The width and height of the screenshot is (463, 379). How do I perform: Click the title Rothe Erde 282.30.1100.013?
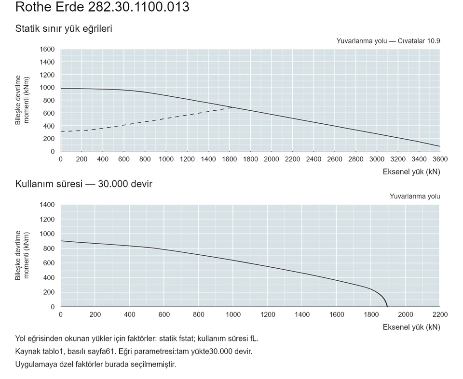(x=102, y=6)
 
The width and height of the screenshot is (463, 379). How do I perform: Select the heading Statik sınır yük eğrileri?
(x=64, y=28)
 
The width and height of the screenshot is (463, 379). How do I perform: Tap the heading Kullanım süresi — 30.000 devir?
(x=83, y=184)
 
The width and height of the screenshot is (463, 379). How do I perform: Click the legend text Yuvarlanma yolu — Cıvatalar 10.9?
(x=388, y=41)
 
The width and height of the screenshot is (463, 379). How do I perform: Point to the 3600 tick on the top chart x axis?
(x=440, y=159)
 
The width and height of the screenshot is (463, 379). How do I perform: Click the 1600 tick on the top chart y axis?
(x=47, y=49)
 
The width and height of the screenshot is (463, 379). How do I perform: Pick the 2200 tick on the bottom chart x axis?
(x=440, y=314)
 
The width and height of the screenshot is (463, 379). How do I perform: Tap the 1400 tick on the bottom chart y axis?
(x=47, y=205)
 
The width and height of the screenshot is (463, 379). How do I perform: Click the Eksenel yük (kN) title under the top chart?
(x=411, y=172)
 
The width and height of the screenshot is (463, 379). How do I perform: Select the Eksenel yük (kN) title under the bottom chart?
(x=411, y=327)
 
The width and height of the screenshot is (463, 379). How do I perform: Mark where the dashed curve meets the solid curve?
(x=232, y=107)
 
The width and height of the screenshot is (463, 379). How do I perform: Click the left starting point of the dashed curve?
(x=61, y=131)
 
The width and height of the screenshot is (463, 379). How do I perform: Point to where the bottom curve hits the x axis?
(x=387, y=307)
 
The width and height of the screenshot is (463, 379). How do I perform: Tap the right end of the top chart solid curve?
(x=440, y=146)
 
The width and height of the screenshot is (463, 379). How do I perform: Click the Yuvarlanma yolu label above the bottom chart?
(x=415, y=196)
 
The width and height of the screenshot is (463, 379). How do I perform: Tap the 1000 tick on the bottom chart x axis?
(x=233, y=314)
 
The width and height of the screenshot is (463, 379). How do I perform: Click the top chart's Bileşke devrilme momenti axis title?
(x=22, y=100)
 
